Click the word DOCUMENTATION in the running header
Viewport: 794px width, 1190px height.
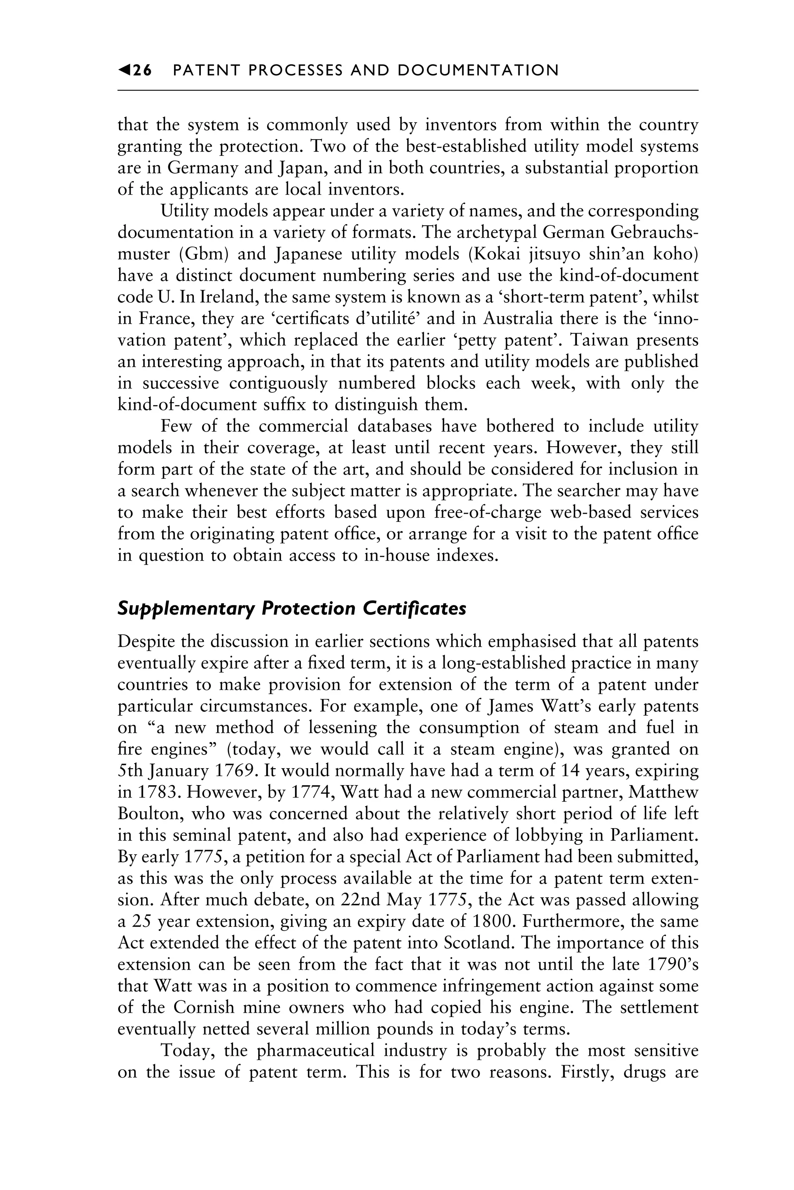(478, 71)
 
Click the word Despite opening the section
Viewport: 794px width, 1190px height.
(148, 642)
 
